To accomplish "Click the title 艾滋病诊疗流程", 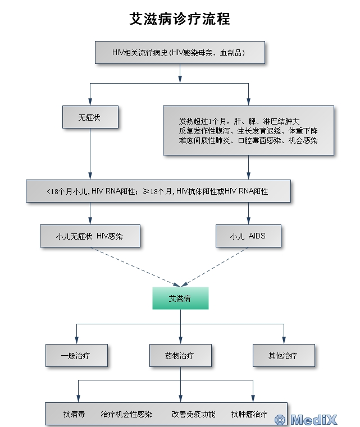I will point(180,19).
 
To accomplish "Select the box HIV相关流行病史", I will point(180,53).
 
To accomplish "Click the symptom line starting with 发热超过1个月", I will point(239,121).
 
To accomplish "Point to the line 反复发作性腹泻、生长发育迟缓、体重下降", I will point(248,130).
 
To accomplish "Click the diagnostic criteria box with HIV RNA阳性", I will point(158,191).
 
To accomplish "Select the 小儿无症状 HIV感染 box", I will point(90,236).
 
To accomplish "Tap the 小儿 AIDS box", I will point(248,236).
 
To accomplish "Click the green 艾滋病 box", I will point(180,299).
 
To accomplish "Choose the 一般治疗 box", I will point(76,356).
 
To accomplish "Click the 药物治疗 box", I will point(180,356).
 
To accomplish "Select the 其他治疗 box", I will point(283,356).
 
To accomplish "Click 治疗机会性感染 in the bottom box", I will point(126,414).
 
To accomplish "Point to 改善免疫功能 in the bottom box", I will point(194,414).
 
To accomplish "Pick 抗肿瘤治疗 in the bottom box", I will point(249,414).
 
